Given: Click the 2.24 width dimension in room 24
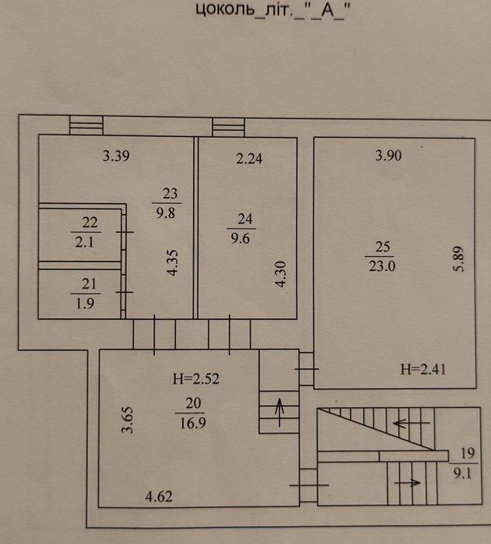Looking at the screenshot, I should (250, 159).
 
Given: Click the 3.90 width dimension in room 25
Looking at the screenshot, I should (388, 156).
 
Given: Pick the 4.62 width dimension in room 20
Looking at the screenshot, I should (160, 493).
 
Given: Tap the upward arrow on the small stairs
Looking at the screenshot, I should (278, 408).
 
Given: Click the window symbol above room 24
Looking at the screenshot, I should (227, 126).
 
